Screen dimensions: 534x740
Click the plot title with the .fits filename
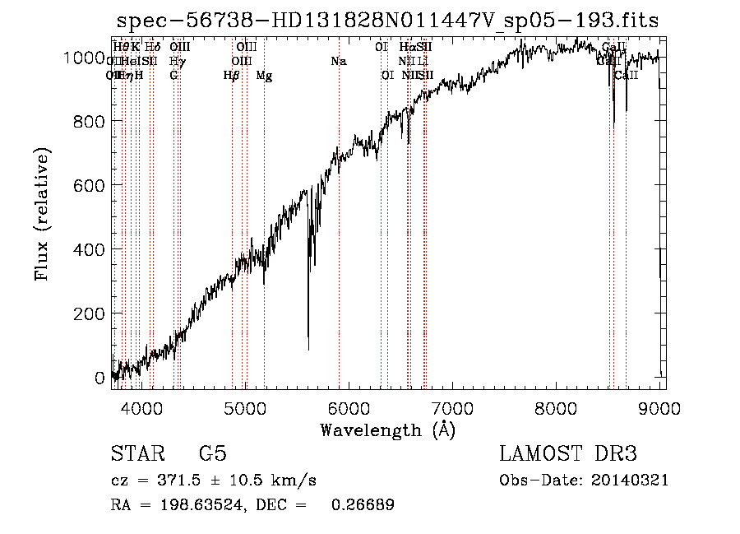(387, 20)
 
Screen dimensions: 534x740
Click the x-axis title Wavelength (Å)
(387, 430)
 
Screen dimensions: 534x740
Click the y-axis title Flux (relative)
(43, 214)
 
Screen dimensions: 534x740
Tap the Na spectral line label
(338, 61)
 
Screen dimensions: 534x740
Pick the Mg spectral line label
(264, 76)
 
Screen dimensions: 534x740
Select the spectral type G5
(212, 454)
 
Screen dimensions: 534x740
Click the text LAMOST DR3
(567, 454)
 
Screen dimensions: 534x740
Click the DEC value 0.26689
(362, 505)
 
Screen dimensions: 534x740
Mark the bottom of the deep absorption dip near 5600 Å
(308, 349)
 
